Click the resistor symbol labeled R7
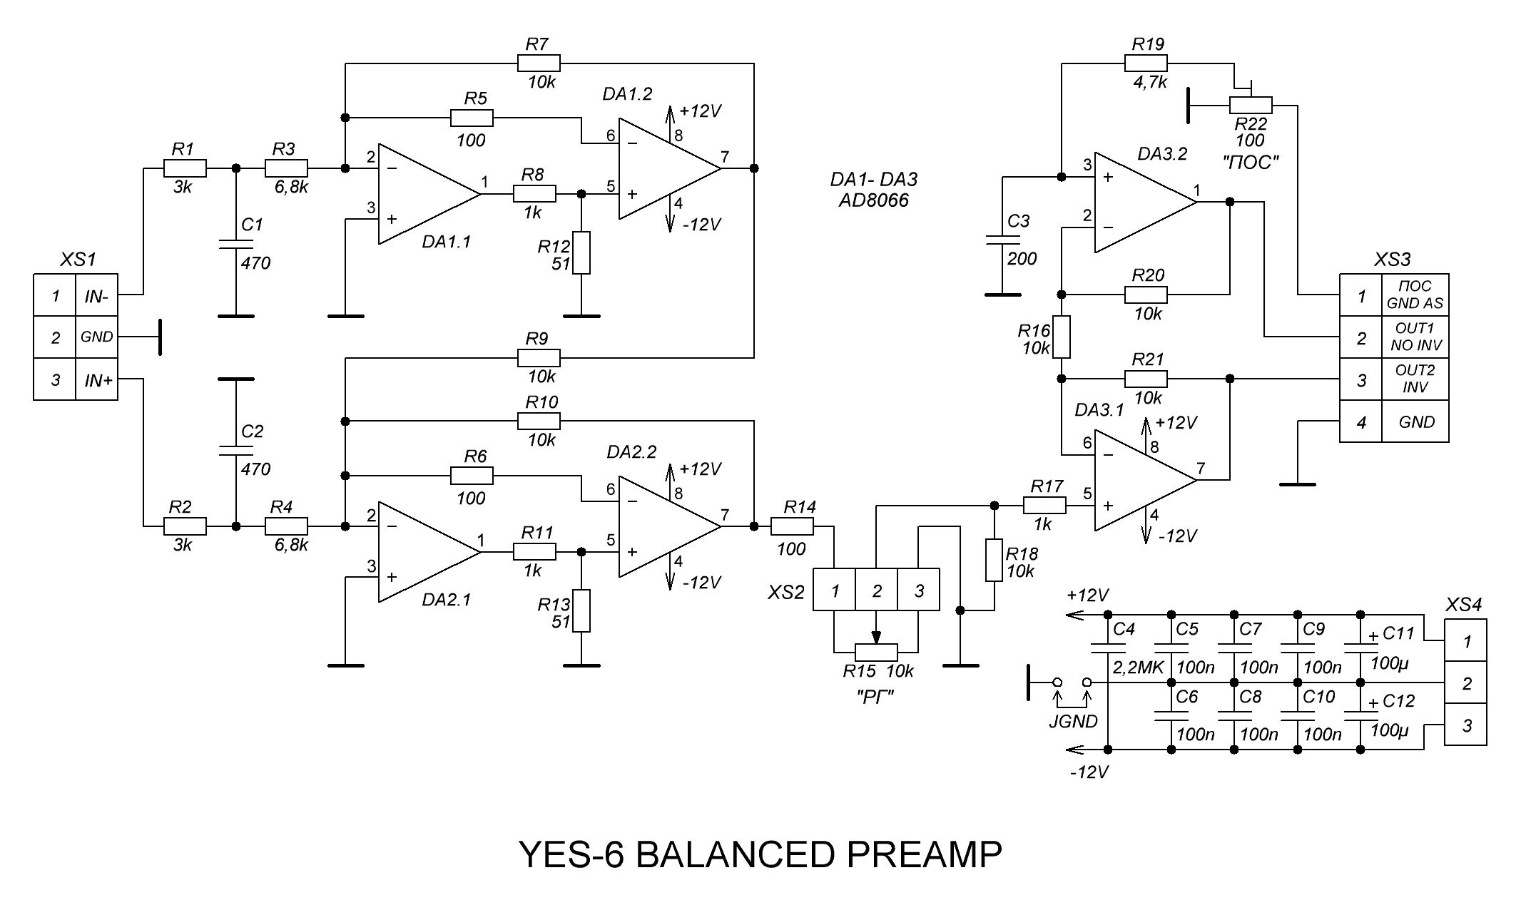[539, 63]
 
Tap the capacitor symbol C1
[235, 244]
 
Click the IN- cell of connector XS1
[96, 296]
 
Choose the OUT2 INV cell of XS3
[1415, 379]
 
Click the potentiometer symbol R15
[876, 652]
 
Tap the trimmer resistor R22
[1251, 106]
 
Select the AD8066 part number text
[873, 200]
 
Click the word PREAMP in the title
[925, 854]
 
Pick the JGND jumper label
[1073, 721]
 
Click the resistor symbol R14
[792, 526]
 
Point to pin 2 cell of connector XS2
[876, 590]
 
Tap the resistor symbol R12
[581, 252]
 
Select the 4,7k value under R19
[1150, 82]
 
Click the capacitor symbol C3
[1002, 240]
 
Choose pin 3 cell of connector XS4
[1465, 725]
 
